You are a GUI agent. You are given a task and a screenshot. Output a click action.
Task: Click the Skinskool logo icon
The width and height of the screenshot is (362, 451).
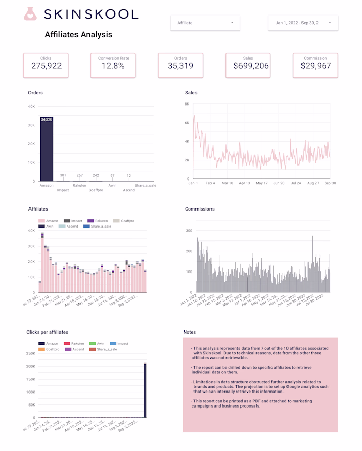(31, 14)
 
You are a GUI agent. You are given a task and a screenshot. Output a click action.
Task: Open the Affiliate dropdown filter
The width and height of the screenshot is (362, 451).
(205, 23)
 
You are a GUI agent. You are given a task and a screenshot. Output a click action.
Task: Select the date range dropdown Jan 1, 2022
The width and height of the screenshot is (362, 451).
(303, 23)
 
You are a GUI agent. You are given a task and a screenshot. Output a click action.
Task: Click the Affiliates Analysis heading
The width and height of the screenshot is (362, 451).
(78, 35)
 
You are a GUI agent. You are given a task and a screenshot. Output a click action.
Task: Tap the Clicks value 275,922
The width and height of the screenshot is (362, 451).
(46, 66)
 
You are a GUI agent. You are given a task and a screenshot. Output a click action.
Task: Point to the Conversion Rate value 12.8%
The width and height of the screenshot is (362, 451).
(113, 66)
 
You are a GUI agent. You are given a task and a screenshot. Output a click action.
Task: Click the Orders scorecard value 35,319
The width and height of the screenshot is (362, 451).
(180, 66)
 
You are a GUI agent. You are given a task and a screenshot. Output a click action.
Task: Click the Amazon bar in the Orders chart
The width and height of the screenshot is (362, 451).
(47, 150)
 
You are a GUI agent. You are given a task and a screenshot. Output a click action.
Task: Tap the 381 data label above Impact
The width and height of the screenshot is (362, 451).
(63, 175)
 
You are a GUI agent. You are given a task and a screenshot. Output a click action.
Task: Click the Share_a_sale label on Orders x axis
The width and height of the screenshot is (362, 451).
(145, 185)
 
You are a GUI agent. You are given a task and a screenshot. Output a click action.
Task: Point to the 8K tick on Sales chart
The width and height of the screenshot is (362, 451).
(187, 104)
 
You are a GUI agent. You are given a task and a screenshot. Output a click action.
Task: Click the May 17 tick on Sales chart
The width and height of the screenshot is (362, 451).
(262, 183)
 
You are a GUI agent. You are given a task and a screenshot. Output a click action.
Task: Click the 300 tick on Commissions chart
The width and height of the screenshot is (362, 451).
(189, 231)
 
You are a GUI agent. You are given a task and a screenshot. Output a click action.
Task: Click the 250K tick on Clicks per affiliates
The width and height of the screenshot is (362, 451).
(30, 353)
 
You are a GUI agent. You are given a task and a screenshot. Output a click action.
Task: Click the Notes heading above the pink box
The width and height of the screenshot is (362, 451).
(189, 332)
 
